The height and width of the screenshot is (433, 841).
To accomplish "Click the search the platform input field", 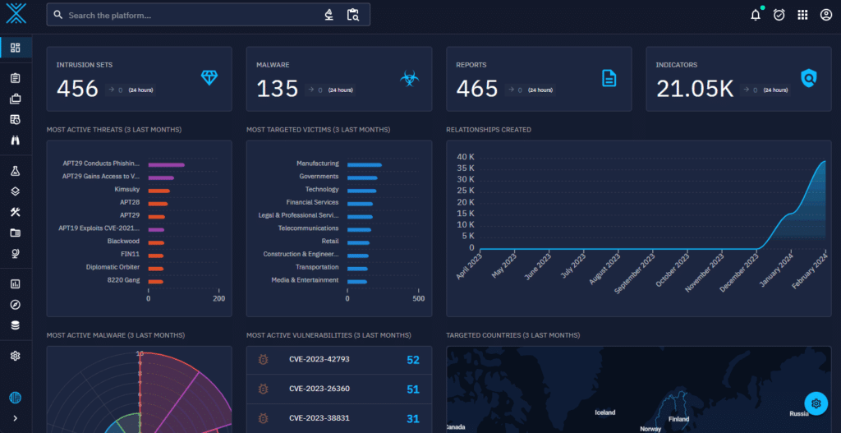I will [189, 15].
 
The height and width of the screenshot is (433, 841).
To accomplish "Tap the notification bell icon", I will [756, 15].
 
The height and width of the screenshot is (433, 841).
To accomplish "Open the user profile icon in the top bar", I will [826, 15].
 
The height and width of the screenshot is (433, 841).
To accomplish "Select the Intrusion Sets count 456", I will [77, 89].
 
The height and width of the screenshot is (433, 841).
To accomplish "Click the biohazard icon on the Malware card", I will [408, 79].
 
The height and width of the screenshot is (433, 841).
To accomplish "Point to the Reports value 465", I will [477, 89].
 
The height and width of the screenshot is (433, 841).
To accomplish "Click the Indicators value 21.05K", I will [694, 89].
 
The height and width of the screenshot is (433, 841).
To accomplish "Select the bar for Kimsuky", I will [159, 190].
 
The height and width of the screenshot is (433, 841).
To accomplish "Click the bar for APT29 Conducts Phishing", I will [166, 164].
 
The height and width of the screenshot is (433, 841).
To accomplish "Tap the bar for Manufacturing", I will [364, 164].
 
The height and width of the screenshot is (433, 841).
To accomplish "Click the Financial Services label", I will [312, 202].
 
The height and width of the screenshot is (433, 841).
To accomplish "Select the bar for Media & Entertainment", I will [356, 281].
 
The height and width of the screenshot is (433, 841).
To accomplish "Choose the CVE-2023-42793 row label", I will [319, 360].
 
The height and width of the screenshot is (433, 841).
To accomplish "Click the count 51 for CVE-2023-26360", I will [412, 389].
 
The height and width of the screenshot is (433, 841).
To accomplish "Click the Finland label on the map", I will [678, 418].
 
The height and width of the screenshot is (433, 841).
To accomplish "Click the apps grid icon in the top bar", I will [802, 15].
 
